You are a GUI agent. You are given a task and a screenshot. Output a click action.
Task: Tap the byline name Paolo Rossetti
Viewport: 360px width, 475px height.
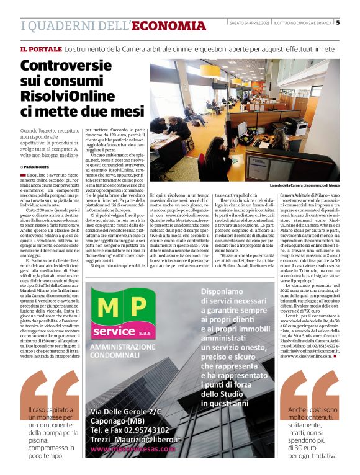click(38, 167)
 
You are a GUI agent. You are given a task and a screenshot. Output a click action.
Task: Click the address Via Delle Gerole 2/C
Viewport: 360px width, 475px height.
click(126, 412)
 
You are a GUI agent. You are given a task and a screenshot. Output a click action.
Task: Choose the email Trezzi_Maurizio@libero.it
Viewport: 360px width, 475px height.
click(136, 439)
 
